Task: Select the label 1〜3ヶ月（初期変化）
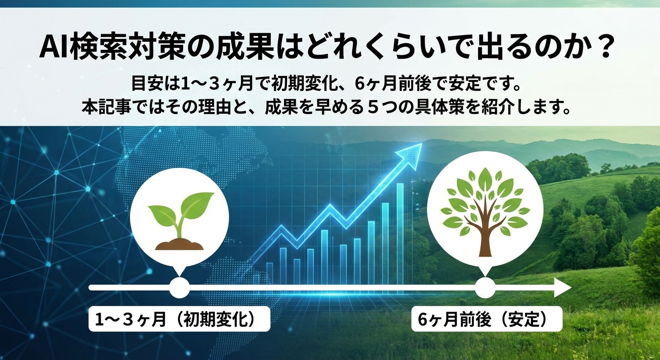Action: (174, 319)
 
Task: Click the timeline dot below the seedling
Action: (180, 287)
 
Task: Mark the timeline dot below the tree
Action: (485, 287)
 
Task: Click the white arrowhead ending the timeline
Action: (562, 287)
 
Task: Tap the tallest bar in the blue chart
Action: (400, 232)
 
